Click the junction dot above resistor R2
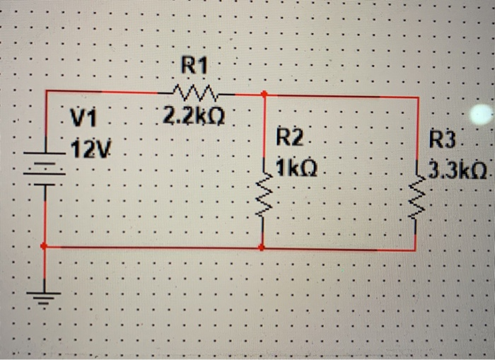[x=264, y=93]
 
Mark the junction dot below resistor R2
[x=262, y=248]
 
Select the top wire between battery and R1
[x=106, y=91]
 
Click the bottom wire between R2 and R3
[x=339, y=249]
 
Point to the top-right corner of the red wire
[x=418, y=98]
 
